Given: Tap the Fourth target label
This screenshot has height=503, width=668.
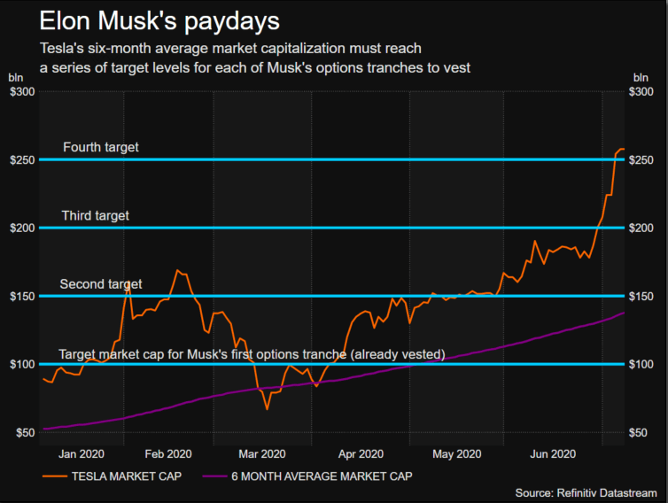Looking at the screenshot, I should tap(100, 147).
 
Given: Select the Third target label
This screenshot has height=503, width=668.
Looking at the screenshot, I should tap(95, 215).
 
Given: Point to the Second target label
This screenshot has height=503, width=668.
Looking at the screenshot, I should tap(100, 284).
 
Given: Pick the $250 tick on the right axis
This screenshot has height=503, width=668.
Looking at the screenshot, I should tap(644, 159).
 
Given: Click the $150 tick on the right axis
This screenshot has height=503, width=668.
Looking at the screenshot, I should tap(644, 296).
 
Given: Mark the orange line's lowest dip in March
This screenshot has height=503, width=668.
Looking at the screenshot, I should tap(266, 409).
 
